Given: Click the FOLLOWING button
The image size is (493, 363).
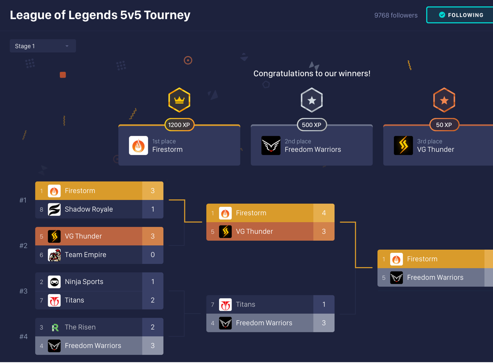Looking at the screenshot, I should (x=461, y=15).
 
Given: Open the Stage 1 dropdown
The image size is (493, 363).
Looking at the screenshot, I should (x=42, y=46).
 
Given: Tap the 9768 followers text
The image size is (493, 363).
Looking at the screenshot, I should (x=395, y=15).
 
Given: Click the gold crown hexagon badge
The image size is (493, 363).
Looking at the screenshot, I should (x=179, y=100).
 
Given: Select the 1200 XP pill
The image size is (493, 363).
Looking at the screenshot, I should (x=179, y=125).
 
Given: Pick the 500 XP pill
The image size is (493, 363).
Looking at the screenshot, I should (x=312, y=125).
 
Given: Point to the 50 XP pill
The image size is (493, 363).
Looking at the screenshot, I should (x=444, y=125).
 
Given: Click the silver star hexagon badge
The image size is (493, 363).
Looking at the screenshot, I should (x=312, y=100).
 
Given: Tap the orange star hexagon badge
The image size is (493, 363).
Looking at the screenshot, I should (x=444, y=100).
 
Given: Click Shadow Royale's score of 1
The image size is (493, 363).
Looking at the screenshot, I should (x=152, y=209).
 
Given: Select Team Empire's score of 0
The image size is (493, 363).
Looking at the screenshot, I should (x=152, y=255).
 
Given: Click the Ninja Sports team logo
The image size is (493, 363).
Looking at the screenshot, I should (x=54, y=282).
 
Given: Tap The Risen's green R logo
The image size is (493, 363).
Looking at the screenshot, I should (x=54, y=327).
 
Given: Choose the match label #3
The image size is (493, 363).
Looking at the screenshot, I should (x=23, y=291).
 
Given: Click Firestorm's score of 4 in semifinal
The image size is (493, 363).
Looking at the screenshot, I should (x=324, y=213).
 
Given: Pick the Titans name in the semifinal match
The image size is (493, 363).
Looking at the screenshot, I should (x=245, y=305).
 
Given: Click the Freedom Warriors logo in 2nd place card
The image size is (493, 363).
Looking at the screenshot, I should (x=271, y=145).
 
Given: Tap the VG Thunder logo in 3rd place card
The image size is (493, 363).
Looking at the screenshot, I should (x=403, y=145).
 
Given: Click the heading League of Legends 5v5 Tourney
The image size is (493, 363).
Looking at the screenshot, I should (x=100, y=15).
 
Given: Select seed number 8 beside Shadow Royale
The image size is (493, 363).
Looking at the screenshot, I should (x=41, y=209).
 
